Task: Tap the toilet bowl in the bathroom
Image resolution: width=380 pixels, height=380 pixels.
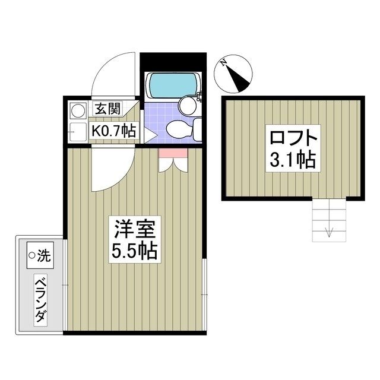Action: (x=179, y=127)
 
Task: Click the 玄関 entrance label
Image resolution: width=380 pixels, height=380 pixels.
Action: (x=108, y=110)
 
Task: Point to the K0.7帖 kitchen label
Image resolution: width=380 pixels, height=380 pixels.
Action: (x=113, y=131)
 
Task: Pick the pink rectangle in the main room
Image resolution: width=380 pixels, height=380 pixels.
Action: (x=173, y=153)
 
